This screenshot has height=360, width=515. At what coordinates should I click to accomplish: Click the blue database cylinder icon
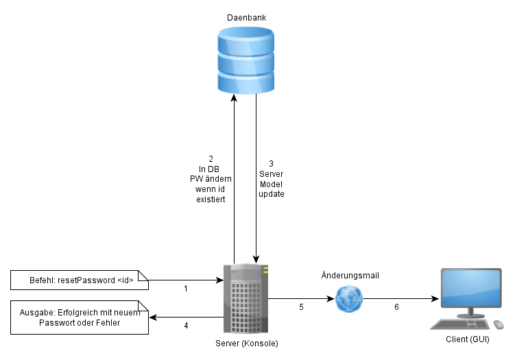tap(245, 60)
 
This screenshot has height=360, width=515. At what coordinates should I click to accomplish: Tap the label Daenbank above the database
tap(245, 16)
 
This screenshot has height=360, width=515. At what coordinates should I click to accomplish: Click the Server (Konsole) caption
tap(246, 343)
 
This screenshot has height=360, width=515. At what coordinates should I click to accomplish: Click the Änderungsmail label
tap(350, 276)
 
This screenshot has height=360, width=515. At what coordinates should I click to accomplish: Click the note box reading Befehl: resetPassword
tap(80, 280)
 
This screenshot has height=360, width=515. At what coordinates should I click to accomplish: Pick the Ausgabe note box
tap(80, 317)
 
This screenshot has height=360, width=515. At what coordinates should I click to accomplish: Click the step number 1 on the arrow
tap(186, 289)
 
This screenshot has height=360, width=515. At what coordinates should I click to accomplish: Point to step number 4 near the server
tap(186, 326)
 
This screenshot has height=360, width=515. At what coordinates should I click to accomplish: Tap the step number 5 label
tap(301, 307)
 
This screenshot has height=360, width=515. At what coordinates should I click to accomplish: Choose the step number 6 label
tap(396, 307)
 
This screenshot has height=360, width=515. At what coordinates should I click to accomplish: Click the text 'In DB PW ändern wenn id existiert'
tap(211, 179)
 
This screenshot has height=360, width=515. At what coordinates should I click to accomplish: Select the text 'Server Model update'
tap(271, 179)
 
